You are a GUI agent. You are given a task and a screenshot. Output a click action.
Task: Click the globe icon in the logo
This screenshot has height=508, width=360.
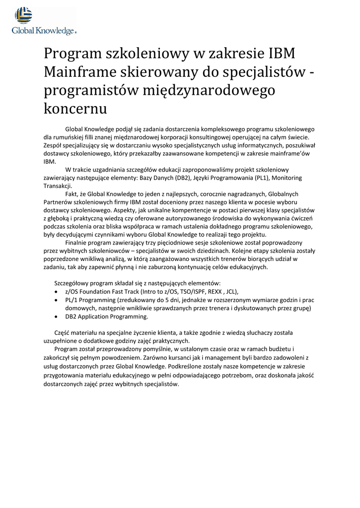23,15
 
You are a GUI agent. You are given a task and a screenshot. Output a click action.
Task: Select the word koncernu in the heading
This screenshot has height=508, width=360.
75,107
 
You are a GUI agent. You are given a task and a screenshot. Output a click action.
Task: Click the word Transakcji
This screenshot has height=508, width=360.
58,186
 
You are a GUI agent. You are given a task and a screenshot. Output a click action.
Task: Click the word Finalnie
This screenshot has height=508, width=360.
77,243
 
